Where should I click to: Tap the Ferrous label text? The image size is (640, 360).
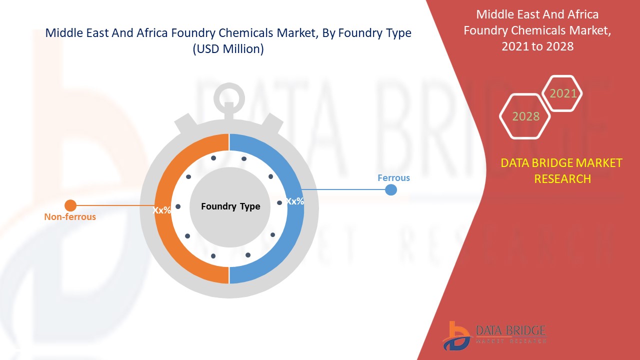393,178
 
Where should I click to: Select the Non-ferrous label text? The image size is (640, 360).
70,217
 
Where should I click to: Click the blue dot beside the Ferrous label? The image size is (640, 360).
391,190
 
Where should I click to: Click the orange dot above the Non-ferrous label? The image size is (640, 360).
70,205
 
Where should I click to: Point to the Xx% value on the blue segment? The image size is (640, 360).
295,201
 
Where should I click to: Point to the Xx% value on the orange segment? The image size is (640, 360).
162,210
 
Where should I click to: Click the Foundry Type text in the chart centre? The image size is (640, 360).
230,206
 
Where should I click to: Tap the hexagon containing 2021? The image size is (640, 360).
562,93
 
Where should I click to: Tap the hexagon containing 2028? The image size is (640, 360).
525,116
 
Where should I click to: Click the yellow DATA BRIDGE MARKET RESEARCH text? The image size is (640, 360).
562,170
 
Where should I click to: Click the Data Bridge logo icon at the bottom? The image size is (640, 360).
456,335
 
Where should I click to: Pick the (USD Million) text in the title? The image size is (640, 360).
228,49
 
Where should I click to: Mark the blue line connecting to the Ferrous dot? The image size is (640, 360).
345,189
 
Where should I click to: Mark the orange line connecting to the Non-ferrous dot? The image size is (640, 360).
115,205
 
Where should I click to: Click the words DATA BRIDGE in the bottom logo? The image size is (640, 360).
510,330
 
